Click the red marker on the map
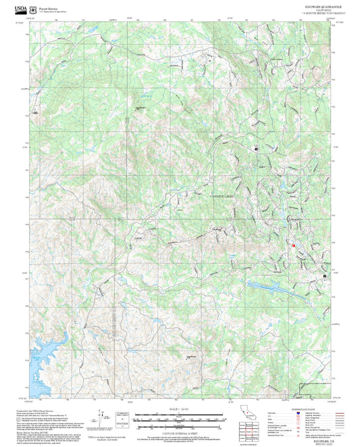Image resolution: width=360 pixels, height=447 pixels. [x=294, y=244]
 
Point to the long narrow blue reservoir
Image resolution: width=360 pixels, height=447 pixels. [x=270, y=286]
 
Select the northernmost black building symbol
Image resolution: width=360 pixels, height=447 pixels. [x=256, y=148]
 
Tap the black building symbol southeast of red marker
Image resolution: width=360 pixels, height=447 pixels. [x=324, y=277]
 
